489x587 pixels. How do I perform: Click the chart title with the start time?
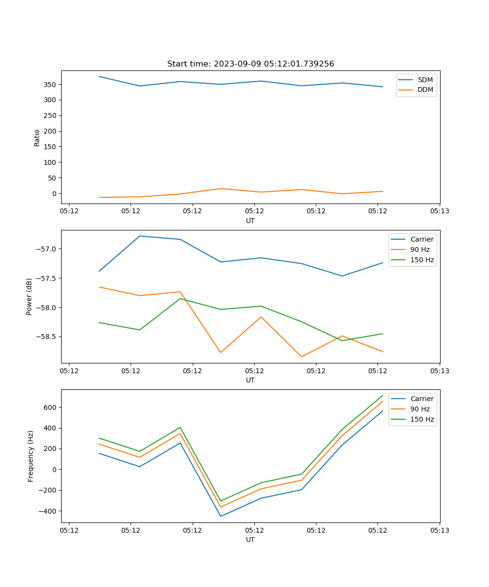(250, 64)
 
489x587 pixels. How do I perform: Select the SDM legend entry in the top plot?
(425, 80)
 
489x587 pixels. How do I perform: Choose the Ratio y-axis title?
(37, 137)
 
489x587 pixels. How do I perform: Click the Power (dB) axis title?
(29, 296)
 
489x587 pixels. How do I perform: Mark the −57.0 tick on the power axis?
(46, 249)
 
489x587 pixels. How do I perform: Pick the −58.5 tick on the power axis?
(46, 337)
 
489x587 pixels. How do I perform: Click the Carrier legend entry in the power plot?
(422, 239)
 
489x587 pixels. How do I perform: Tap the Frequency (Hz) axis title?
(30, 456)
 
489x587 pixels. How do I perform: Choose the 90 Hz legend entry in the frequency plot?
(420, 409)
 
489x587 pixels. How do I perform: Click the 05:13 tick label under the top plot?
(439, 211)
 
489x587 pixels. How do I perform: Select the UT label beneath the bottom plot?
(250, 540)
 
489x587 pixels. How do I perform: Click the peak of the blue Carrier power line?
(140, 236)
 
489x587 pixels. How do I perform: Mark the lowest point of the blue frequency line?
(221, 516)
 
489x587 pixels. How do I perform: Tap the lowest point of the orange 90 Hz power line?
(301, 357)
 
